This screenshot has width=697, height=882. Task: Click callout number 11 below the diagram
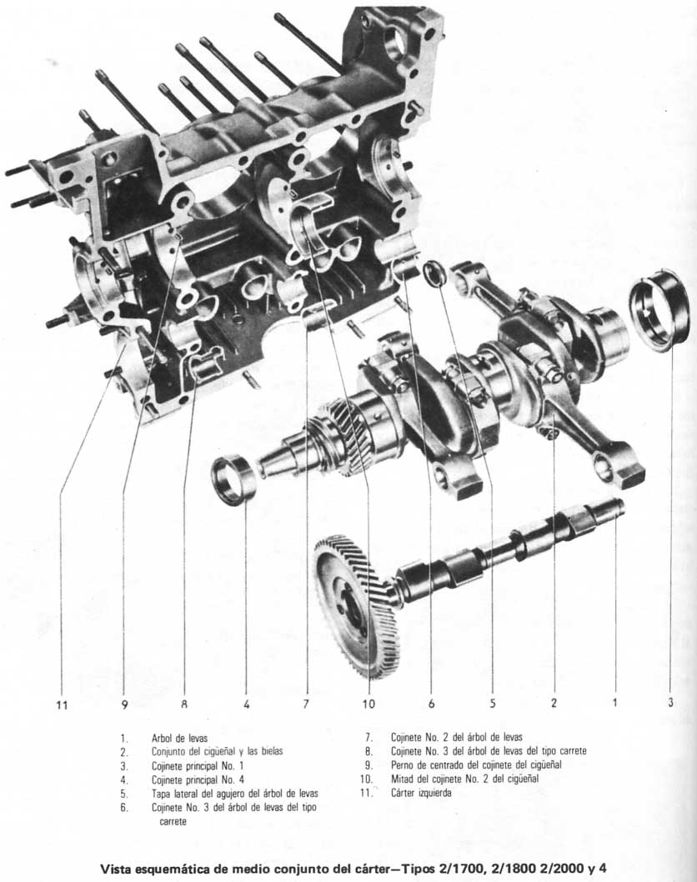pos(61,704)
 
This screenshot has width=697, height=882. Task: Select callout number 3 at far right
pos(670,703)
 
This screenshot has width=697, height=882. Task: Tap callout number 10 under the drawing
pos(369,704)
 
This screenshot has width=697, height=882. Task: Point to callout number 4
pos(246,704)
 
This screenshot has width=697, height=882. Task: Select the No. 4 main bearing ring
pos(233,479)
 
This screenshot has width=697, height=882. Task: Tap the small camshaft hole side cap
pos(434,274)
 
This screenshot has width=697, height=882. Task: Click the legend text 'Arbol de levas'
pos(179,738)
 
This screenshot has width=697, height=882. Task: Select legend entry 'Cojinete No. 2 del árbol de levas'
pos(456,738)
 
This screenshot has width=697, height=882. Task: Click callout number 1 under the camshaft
pos(615,703)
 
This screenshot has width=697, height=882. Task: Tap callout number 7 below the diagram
pos(306,704)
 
